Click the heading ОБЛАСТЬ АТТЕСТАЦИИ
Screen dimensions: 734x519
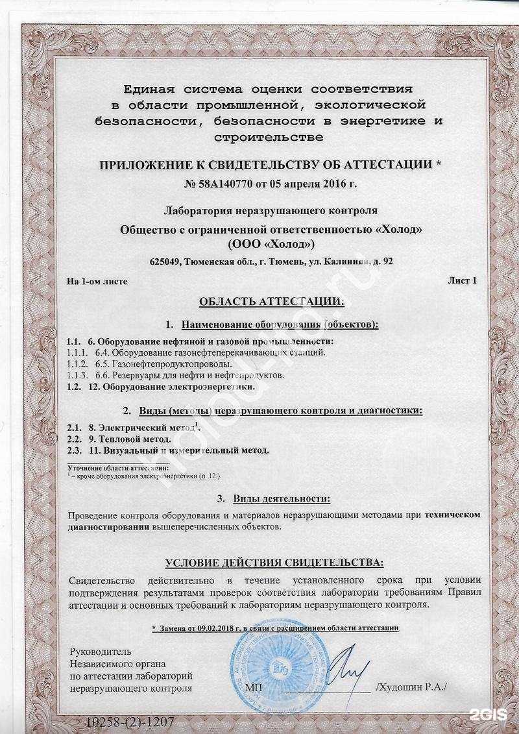pos(271,301)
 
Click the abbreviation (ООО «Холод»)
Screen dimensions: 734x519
pos(271,244)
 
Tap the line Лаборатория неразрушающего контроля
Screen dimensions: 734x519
pos(271,211)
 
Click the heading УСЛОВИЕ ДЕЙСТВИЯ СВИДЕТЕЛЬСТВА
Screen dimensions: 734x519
pos(274,562)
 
